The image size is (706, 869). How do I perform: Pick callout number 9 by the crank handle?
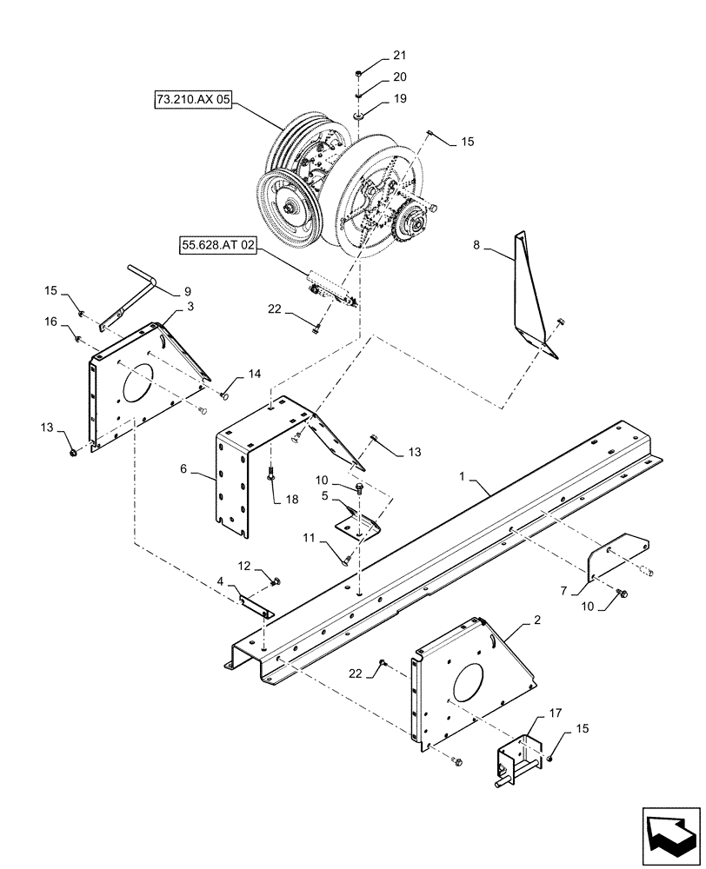coord(187,291)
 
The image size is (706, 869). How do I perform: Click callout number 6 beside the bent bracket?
coord(183,468)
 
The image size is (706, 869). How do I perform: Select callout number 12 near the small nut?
coord(245,565)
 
